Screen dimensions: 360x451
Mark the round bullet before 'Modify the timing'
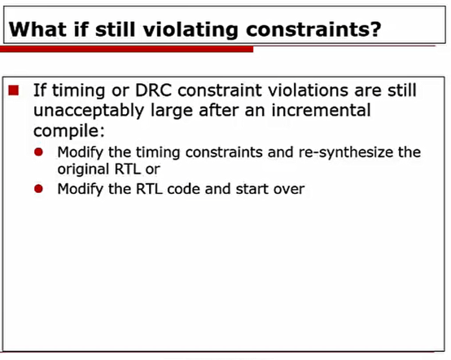point(40,152)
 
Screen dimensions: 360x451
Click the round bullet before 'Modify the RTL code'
point(40,189)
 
